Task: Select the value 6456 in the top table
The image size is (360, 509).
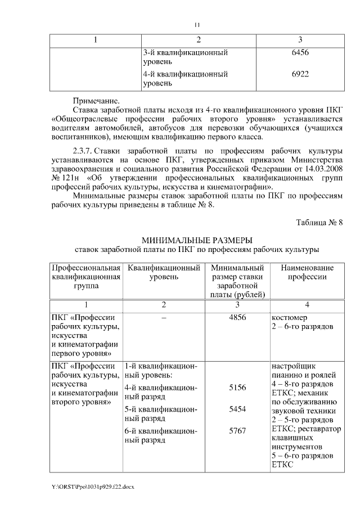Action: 300,52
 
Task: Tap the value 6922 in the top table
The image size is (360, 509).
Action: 300,74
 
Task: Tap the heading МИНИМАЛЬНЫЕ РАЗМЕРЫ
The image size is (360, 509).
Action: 197,240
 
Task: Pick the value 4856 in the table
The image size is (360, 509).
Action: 238,317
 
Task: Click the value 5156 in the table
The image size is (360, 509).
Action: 238,388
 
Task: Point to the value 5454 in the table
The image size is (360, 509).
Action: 238,409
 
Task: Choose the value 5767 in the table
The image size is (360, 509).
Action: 238,431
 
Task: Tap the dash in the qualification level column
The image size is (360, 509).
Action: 164,317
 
